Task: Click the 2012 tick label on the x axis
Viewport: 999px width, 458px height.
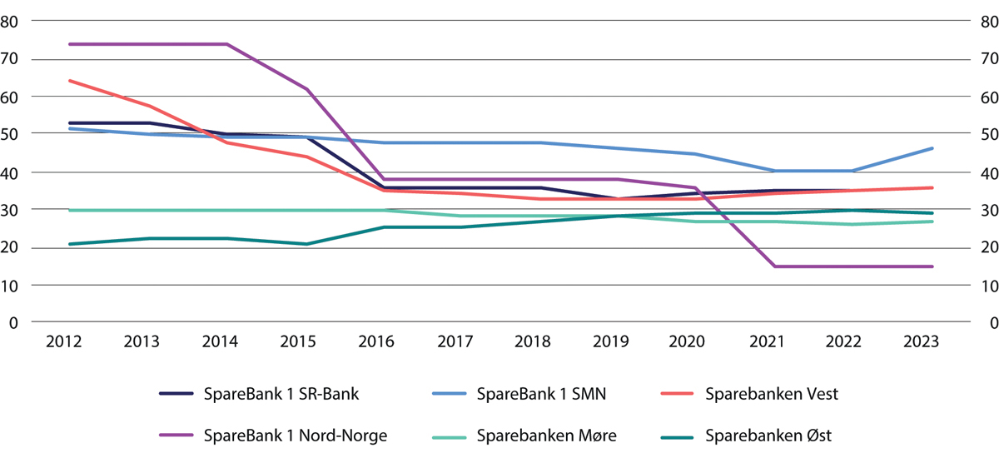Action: [x=69, y=343]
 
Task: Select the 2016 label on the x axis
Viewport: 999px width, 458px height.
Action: [x=384, y=343]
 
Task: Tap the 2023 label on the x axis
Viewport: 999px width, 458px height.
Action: [x=932, y=343]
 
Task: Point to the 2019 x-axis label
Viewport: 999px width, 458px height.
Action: [x=619, y=343]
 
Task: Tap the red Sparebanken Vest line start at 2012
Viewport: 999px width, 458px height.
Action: [x=70, y=81]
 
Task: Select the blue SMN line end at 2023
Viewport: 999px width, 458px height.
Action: [x=932, y=148]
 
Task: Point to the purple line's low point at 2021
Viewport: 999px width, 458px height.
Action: [x=775, y=266]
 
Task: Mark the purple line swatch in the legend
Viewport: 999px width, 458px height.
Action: [x=178, y=434]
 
